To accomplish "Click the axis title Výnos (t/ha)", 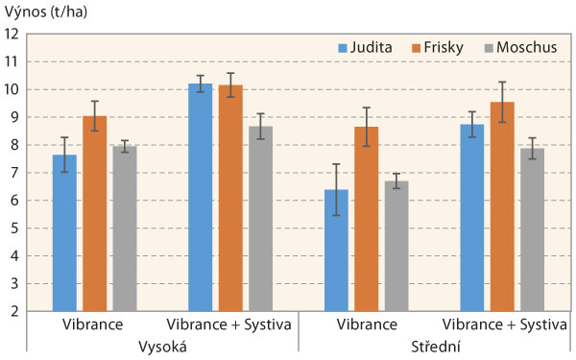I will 44,12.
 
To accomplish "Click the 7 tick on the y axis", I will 14,173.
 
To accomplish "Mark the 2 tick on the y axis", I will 14,312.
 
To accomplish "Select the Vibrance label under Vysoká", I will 94,324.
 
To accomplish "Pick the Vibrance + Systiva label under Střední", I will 502,324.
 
